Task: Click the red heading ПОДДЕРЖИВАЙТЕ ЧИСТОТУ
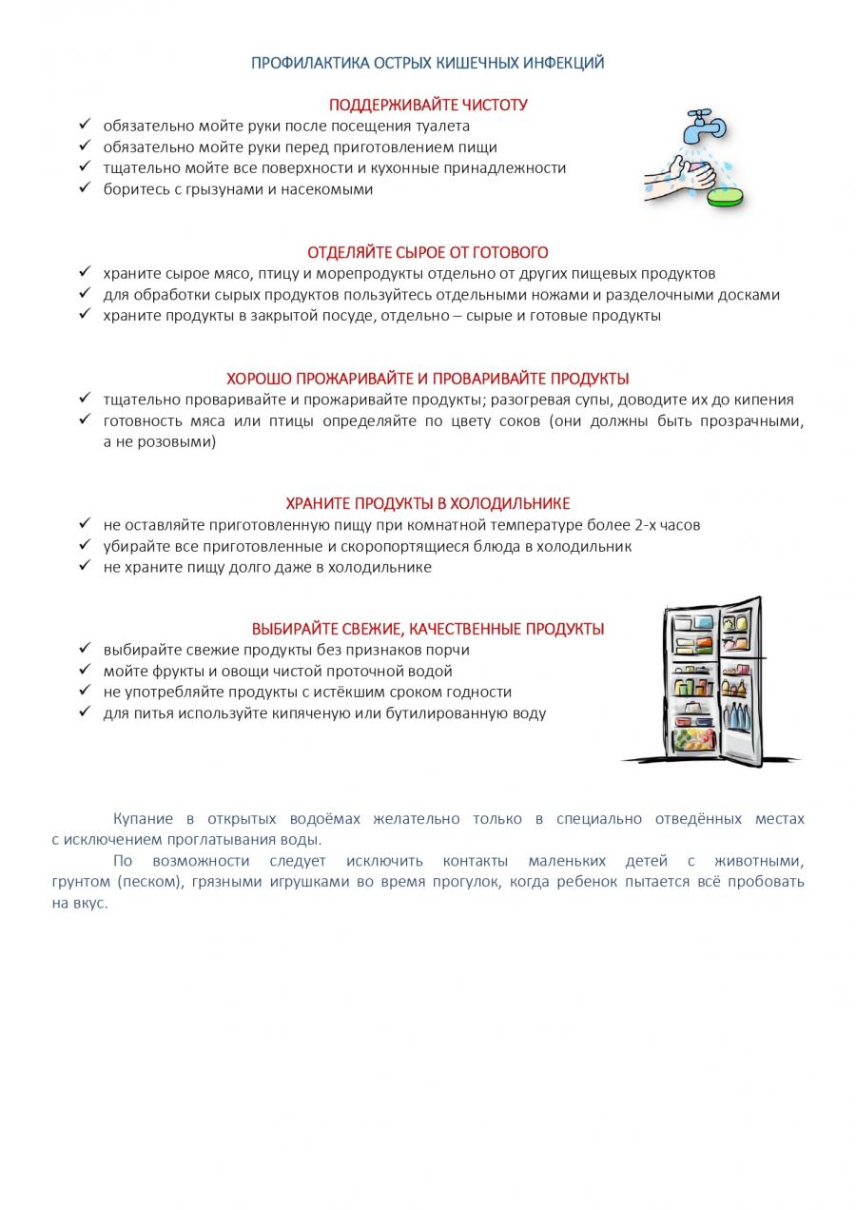428,105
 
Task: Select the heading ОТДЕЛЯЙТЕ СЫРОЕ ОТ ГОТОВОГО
428,253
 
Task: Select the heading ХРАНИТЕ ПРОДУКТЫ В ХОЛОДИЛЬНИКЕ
428,504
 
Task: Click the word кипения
760,400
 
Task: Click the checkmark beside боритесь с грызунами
85,187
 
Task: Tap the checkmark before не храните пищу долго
85,566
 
